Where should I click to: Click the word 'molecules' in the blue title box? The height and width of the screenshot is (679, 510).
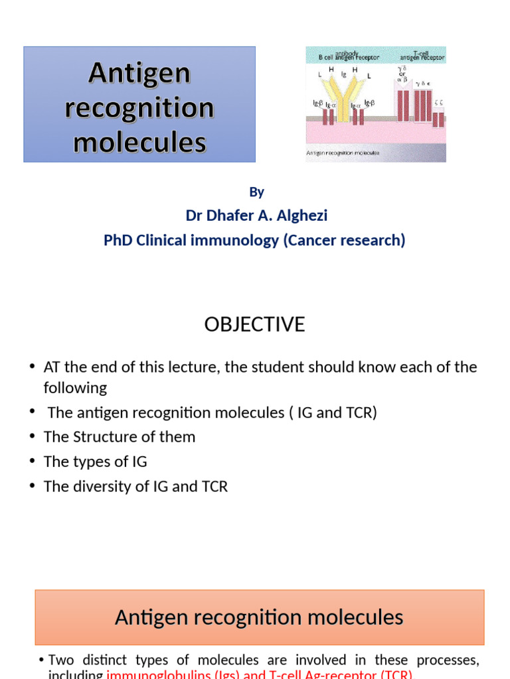tap(139, 142)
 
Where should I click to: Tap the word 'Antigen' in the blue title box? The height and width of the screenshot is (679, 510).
tap(139, 74)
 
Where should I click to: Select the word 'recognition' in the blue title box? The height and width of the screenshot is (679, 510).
tap(139, 107)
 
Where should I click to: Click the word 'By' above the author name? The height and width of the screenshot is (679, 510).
tap(256, 192)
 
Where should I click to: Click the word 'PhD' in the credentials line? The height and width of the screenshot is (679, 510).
tap(118, 240)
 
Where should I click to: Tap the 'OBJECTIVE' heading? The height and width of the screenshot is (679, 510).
tap(254, 324)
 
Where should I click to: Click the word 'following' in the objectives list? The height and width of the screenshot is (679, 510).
tap(75, 388)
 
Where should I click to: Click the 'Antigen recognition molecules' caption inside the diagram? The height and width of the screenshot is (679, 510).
tap(343, 153)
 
